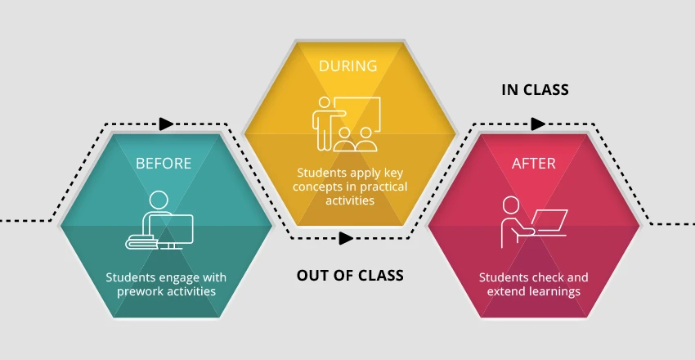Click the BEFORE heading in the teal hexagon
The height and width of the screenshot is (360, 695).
[x=164, y=163]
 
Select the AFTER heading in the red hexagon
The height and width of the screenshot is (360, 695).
[x=533, y=163]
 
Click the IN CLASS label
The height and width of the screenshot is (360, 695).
[x=535, y=89]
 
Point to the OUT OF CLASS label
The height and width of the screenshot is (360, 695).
[x=350, y=275]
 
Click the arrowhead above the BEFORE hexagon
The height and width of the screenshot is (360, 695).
[x=166, y=124]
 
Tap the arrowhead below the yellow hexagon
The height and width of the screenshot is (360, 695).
[x=346, y=238]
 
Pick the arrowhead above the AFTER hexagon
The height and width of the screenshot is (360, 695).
[x=537, y=124]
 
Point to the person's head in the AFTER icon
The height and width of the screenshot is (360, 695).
[x=511, y=204]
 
